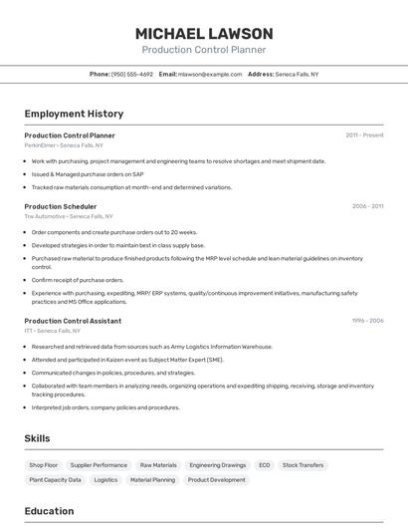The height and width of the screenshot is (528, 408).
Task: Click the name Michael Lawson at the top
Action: [x=203, y=33]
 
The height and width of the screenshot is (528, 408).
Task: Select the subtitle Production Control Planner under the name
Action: [x=203, y=49]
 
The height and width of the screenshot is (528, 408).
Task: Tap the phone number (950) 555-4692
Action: [x=131, y=74]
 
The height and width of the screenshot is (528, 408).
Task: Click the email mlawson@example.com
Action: [x=210, y=74]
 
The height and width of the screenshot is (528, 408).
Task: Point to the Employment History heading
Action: [x=74, y=114]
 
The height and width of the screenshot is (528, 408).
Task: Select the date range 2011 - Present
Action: [x=364, y=135]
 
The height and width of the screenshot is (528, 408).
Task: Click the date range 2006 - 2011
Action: [x=367, y=206]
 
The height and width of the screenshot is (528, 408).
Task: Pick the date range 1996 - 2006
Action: [x=367, y=321]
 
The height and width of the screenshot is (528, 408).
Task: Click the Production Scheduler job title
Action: [x=61, y=206]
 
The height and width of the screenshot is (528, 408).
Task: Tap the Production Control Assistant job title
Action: [x=73, y=321]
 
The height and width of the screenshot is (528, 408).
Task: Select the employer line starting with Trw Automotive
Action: [x=69, y=216]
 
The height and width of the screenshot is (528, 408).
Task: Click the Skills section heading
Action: [x=37, y=437]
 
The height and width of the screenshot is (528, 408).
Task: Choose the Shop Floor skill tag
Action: [x=44, y=465]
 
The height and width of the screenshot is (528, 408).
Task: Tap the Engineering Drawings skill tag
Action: [x=217, y=465]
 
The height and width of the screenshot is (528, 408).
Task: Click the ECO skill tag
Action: [x=264, y=465]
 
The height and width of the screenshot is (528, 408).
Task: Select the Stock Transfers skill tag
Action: [x=303, y=465]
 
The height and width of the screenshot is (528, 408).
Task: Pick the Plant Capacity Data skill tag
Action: [x=55, y=480]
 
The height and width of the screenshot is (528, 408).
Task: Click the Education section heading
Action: [x=49, y=511]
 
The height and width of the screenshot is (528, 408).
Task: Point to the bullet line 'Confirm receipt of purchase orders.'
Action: [x=78, y=280]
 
